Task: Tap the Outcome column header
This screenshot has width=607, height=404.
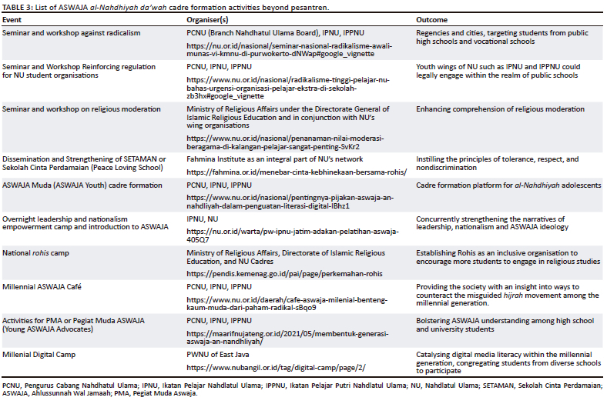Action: [432, 18]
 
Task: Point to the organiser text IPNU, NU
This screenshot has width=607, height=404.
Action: [203, 219]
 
